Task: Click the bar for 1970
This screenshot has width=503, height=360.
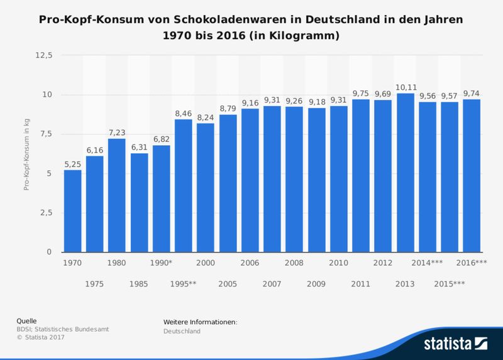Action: tap(72, 211)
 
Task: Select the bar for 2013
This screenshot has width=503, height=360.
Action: tap(405, 173)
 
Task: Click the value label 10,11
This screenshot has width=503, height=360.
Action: tap(405, 87)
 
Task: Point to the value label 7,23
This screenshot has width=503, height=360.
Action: tap(117, 133)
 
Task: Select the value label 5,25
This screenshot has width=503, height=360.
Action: tap(72, 164)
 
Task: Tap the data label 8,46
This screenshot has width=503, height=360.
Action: tap(184, 114)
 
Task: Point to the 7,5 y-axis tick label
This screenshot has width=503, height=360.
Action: tap(45, 134)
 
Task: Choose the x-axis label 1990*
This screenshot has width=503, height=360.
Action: tap(161, 263)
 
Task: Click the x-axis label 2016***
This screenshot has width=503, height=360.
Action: tap(472, 263)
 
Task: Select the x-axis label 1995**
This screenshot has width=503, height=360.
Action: tap(184, 284)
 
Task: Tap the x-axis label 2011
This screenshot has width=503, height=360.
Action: tap(361, 284)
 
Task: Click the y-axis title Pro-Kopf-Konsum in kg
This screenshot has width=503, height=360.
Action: tap(26, 154)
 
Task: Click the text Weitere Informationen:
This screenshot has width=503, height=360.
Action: tap(200, 322)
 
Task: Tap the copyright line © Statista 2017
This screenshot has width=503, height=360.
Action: tap(41, 337)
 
